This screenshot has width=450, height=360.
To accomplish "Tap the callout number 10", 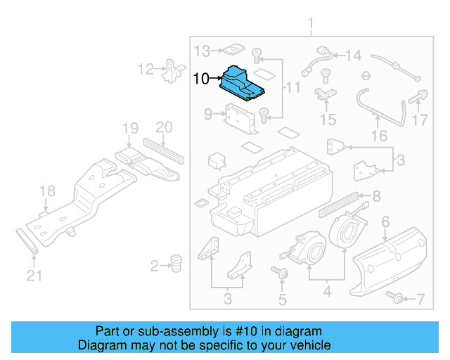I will pos(200,79).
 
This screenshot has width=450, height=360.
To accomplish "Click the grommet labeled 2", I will pos(176,264).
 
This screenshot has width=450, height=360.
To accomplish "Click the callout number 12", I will pos(145,69).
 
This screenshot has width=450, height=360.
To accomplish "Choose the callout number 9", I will pos(208,113).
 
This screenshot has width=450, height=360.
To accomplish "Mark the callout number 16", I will pos(379,135).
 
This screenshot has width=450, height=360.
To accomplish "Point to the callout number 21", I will pos(30,276).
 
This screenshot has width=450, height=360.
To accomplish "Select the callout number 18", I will pos(47,191).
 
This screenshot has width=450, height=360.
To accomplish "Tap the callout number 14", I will pos(352,55).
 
